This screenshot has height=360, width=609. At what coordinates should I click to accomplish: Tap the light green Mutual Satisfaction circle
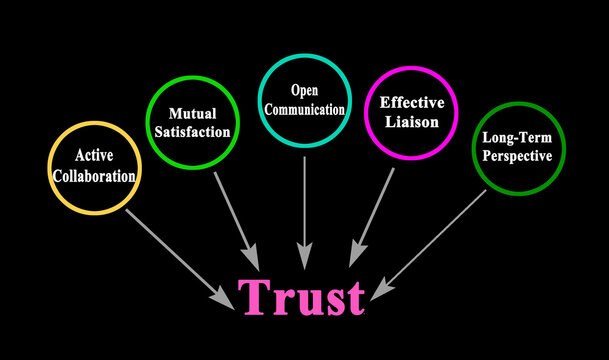point(193,123)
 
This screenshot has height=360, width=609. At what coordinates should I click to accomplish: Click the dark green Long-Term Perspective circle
point(519,148)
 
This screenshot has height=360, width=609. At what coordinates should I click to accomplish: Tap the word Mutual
point(193,113)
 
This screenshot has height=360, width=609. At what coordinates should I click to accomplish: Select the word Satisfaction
point(193,131)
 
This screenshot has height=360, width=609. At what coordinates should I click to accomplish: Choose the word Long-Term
point(519,139)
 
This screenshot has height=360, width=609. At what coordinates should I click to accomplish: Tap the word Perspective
point(519,157)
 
